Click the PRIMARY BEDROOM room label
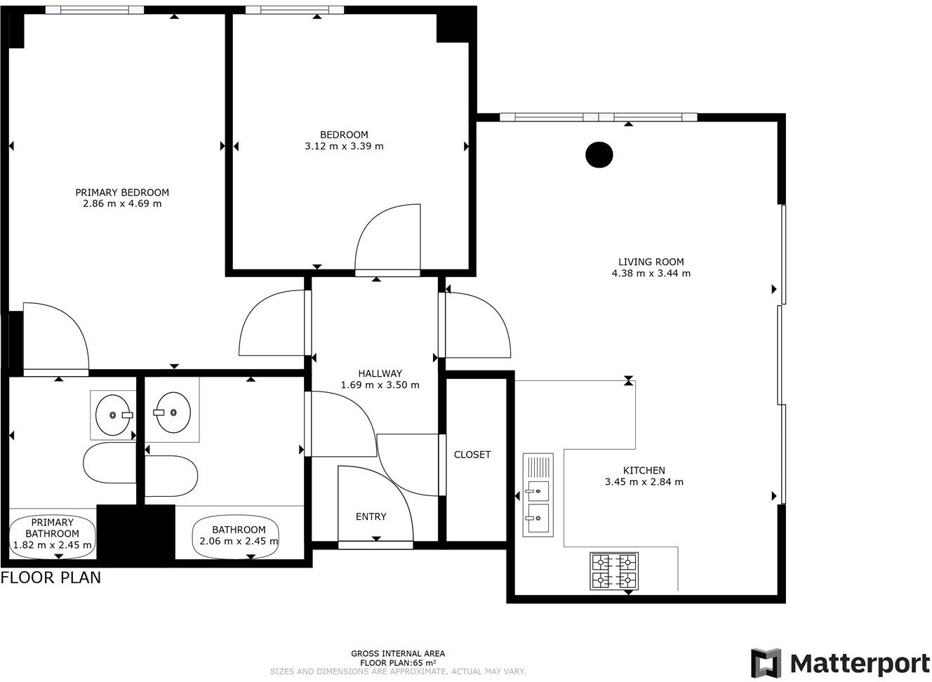click(122, 192)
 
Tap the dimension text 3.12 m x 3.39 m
click(344, 147)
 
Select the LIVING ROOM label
click(651, 262)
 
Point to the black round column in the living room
click(599, 155)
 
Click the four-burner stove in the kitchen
click(614, 571)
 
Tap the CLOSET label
click(472, 455)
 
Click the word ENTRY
click(371, 516)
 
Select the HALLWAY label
click(380, 373)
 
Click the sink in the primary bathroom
click(112, 415)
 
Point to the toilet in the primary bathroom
click(109, 463)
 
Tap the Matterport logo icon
click(765, 663)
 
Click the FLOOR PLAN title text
click(51, 577)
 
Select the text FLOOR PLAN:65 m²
click(398, 662)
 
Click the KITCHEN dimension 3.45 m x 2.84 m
click(644, 482)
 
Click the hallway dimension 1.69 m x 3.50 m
click(380, 385)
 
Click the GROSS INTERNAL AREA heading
click(398, 653)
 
